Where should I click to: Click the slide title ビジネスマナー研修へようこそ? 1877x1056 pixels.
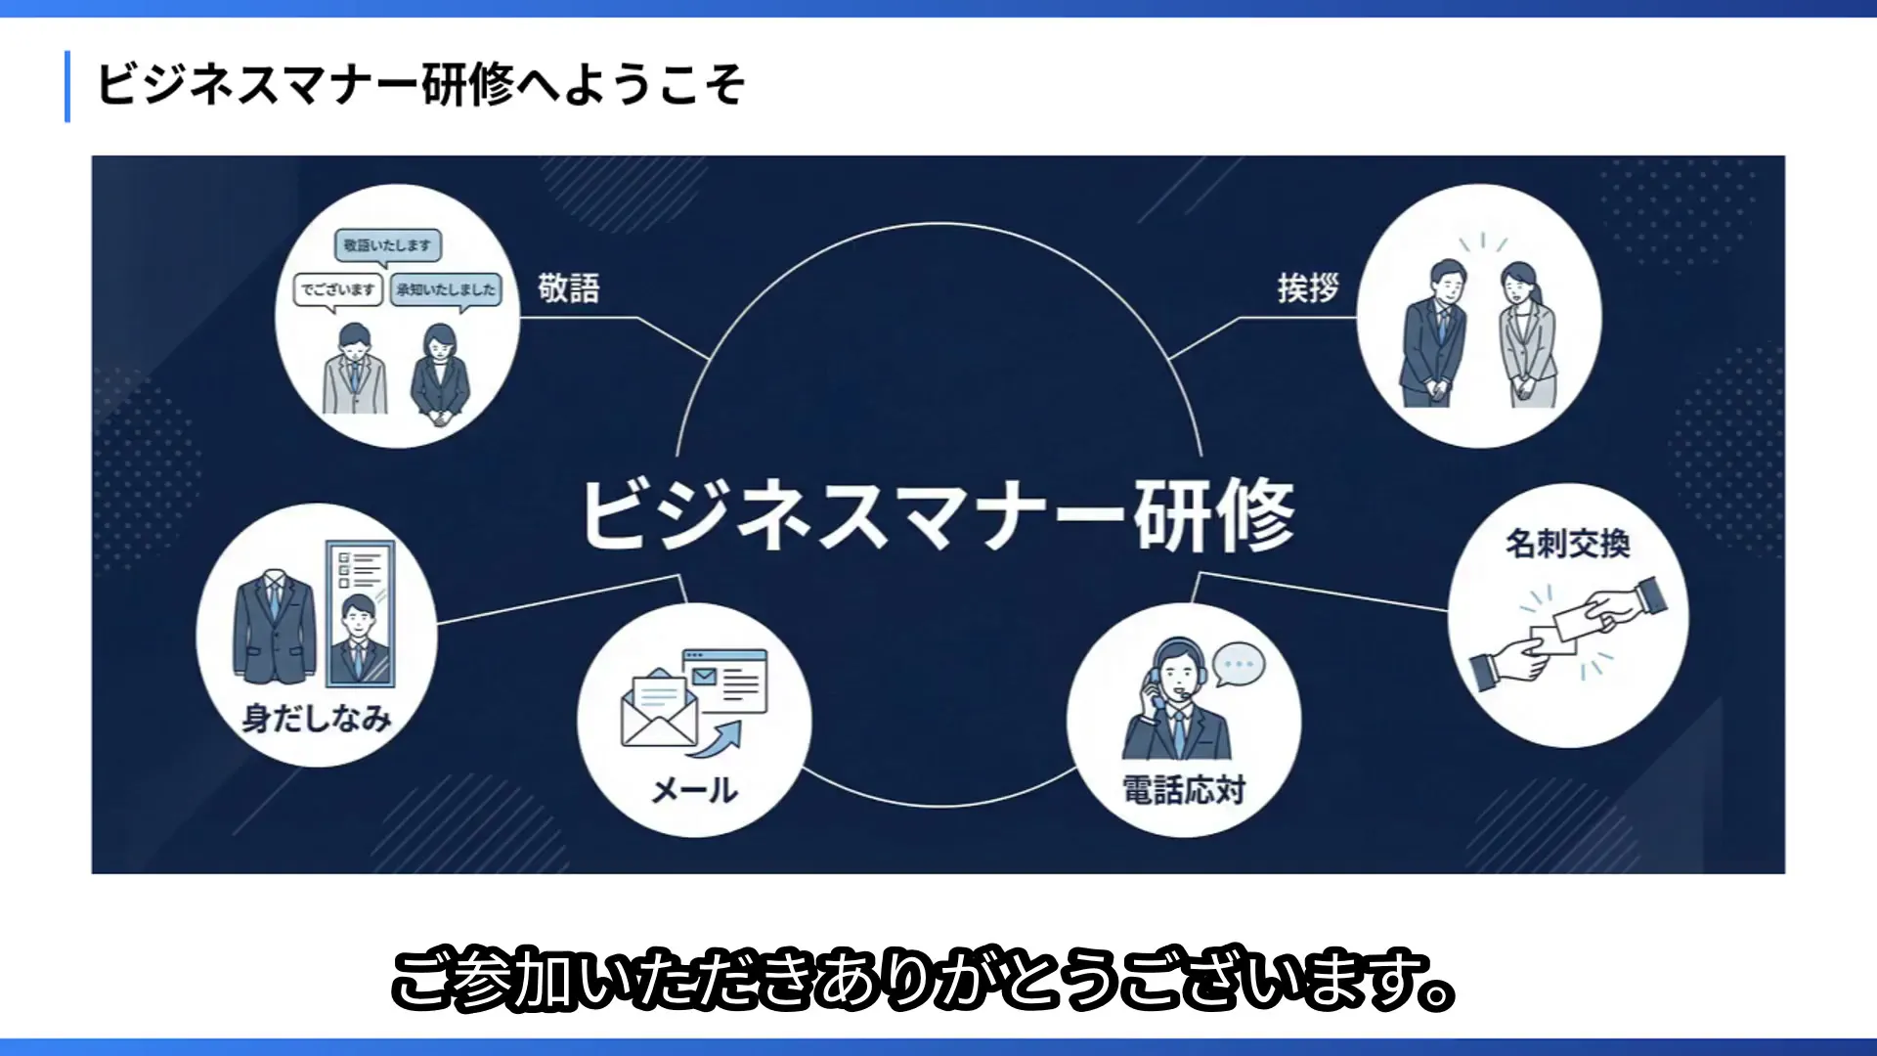tap(421, 84)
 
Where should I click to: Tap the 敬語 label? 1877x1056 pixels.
tap(569, 288)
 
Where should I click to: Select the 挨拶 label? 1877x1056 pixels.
tap(1308, 288)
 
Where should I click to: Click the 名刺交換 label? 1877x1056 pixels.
tap(1568, 544)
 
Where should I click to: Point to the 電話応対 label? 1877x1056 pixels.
tap(1184, 789)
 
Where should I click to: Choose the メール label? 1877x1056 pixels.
tap(695, 790)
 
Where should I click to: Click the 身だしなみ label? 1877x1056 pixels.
tap(317, 719)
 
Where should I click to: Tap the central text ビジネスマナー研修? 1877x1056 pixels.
tap(939, 515)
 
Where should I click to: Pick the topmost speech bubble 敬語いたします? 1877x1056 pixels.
tap(387, 246)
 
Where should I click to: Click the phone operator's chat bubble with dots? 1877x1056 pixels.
tap(1239, 666)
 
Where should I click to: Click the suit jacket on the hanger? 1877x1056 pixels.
tap(276, 626)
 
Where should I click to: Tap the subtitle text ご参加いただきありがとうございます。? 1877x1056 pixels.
tap(924, 979)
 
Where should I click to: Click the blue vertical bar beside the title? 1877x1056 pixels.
tap(67, 86)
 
